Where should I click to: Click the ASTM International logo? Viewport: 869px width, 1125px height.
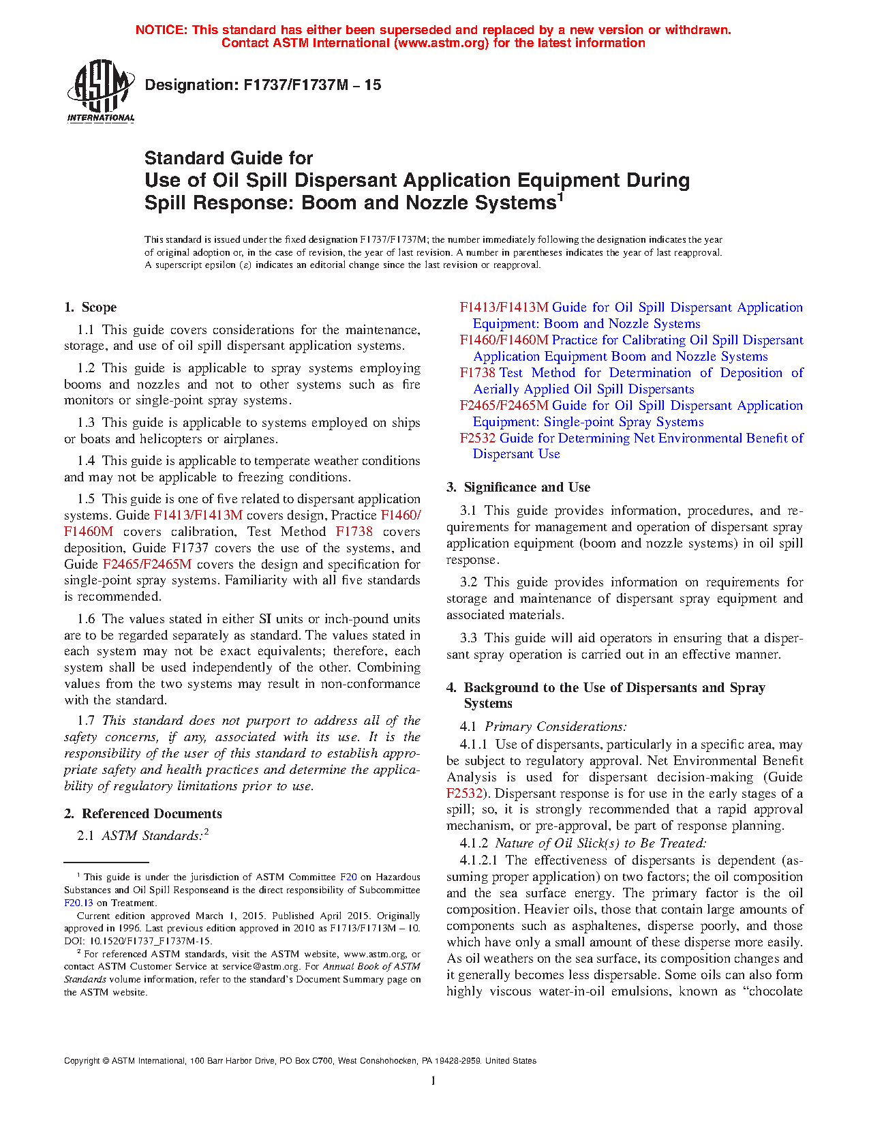(x=101, y=91)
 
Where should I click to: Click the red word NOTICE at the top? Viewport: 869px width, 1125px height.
(x=162, y=30)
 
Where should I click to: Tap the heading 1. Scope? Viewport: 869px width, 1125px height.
(x=91, y=307)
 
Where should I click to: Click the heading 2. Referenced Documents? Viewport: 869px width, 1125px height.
(x=143, y=813)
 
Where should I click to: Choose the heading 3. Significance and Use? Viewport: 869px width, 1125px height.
(x=518, y=487)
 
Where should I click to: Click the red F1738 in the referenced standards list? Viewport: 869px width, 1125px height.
(x=477, y=373)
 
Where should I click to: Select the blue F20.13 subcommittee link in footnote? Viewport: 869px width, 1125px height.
(x=76, y=903)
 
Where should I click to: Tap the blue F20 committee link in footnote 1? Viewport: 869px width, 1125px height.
(x=348, y=877)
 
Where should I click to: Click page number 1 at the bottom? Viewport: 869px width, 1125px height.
(x=433, y=1080)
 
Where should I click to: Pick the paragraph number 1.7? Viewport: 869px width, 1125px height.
(x=86, y=721)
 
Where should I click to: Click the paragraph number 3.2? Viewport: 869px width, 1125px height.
(x=468, y=582)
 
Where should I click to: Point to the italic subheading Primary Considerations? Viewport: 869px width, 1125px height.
(x=555, y=727)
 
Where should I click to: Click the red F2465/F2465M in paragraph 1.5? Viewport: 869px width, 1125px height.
(x=147, y=565)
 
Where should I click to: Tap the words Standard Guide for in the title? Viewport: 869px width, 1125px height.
(x=228, y=158)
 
